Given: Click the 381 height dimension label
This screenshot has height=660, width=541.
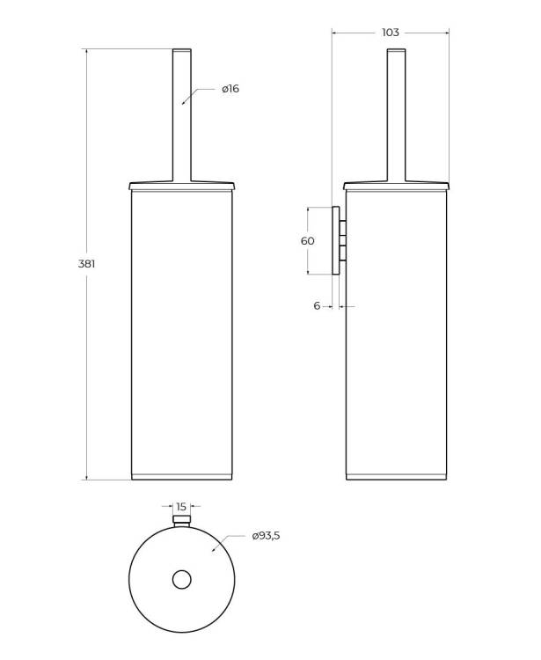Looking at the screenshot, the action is click(87, 264).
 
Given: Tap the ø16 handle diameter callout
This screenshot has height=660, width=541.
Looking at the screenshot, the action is click(230, 89).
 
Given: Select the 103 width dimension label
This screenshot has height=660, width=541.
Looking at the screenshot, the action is click(390, 33).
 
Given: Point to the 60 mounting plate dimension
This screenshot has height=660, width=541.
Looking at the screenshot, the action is click(308, 241).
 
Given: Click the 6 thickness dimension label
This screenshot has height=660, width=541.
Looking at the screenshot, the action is click(317, 305).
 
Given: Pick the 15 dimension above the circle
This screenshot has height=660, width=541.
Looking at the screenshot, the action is click(181, 507).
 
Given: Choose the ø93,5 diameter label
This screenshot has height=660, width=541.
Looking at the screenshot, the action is click(266, 536).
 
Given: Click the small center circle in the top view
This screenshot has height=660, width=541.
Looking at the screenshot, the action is click(182, 580).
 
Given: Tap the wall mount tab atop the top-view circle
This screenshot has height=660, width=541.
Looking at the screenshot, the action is click(182, 520).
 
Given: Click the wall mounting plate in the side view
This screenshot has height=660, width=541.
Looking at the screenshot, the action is click(336, 240).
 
